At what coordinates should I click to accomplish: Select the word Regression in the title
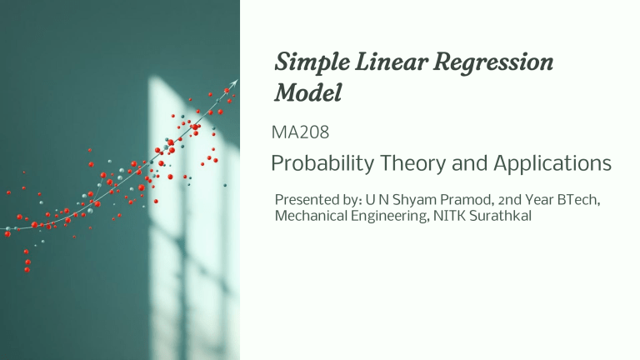pos(497,63)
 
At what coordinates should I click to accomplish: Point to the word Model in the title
pos(307,93)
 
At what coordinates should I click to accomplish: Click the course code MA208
pos(301,132)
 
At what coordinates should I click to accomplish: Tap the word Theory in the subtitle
pos(413,164)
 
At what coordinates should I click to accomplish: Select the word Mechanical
pos(309,217)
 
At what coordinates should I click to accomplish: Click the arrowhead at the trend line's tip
pos(235,82)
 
